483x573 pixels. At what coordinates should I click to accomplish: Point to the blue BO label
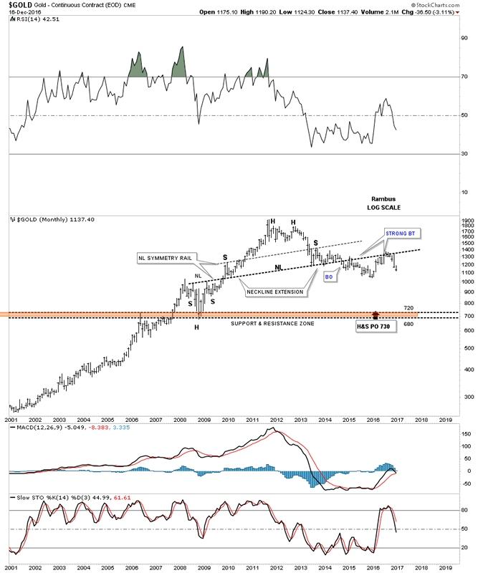329,275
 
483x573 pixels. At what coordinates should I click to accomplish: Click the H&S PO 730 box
375,326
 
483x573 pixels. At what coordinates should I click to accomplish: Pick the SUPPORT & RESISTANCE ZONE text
273,324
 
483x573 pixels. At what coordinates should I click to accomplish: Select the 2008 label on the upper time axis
180,420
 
